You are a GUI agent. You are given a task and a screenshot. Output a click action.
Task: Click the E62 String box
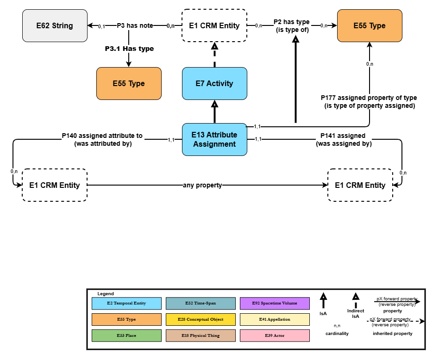tap(55, 26)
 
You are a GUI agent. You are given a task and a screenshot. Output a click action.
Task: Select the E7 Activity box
tap(214, 84)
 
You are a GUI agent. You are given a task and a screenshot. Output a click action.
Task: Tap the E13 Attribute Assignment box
tap(214, 140)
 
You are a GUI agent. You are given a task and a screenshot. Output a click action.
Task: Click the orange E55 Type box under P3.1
tap(129, 84)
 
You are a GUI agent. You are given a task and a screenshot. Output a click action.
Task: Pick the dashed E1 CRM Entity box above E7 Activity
tap(214, 26)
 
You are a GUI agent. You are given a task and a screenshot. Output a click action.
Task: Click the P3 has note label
tap(135, 26)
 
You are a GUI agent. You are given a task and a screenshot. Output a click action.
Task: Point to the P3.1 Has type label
tap(129, 49)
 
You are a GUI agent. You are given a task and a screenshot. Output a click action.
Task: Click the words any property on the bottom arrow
tap(203, 185)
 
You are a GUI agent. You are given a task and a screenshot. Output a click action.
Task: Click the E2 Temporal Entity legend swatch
tap(126, 304)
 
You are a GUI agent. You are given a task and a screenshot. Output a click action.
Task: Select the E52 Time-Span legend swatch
tap(201, 304)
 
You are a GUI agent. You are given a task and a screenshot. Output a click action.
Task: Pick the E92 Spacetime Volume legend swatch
tap(275, 304)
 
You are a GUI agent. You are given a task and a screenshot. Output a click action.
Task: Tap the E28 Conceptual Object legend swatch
tap(201, 320)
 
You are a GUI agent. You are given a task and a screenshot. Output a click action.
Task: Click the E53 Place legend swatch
tap(126, 335)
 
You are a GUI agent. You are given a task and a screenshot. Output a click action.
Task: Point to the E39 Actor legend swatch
tap(275, 335)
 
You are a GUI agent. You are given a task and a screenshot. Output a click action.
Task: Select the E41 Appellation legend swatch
tap(275, 320)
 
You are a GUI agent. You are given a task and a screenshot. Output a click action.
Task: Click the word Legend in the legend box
tap(106, 294)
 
